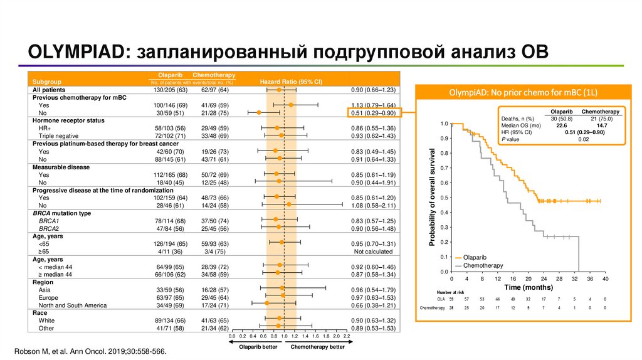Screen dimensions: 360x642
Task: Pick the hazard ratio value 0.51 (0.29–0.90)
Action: pos(372,113)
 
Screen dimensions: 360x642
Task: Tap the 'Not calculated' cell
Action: pos(373,251)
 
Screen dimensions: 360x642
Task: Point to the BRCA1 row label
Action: pos(48,221)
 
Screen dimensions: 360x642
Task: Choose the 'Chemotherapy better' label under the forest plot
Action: pos(318,346)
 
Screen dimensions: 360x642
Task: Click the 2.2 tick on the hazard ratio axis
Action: pos(346,337)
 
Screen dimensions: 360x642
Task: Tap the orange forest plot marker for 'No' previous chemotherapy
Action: pos(259,113)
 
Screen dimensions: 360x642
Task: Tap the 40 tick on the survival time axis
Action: pos(605,278)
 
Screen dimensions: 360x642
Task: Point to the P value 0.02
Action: pos(583,139)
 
